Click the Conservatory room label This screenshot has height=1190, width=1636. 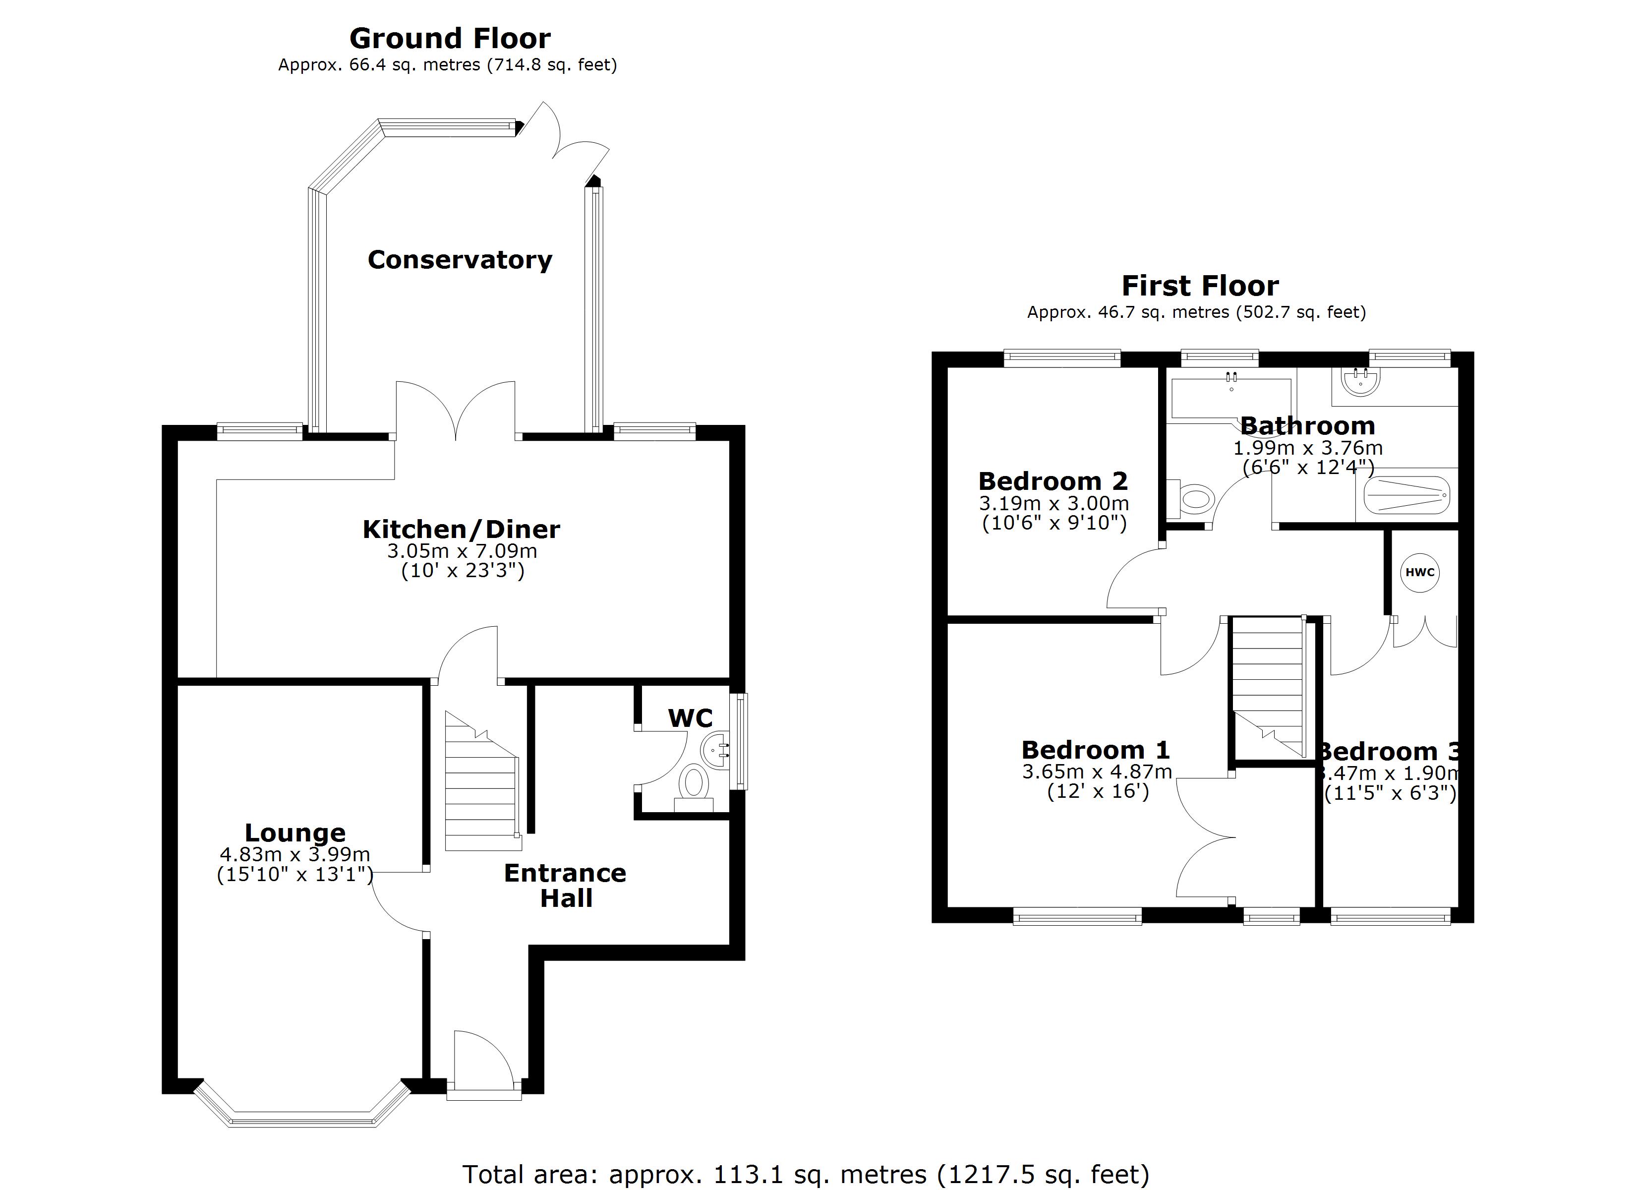click(x=460, y=260)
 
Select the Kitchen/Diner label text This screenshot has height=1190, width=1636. click(x=461, y=530)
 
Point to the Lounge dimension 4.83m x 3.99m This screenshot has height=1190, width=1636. click(x=294, y=854)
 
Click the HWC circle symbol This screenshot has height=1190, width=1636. click(x=1419, y=572)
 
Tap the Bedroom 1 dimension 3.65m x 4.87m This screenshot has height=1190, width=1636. click(x=1097, y=772)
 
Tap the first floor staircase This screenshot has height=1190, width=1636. click(x=1267, y=686)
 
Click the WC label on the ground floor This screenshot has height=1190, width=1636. click(x=690, y=718)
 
